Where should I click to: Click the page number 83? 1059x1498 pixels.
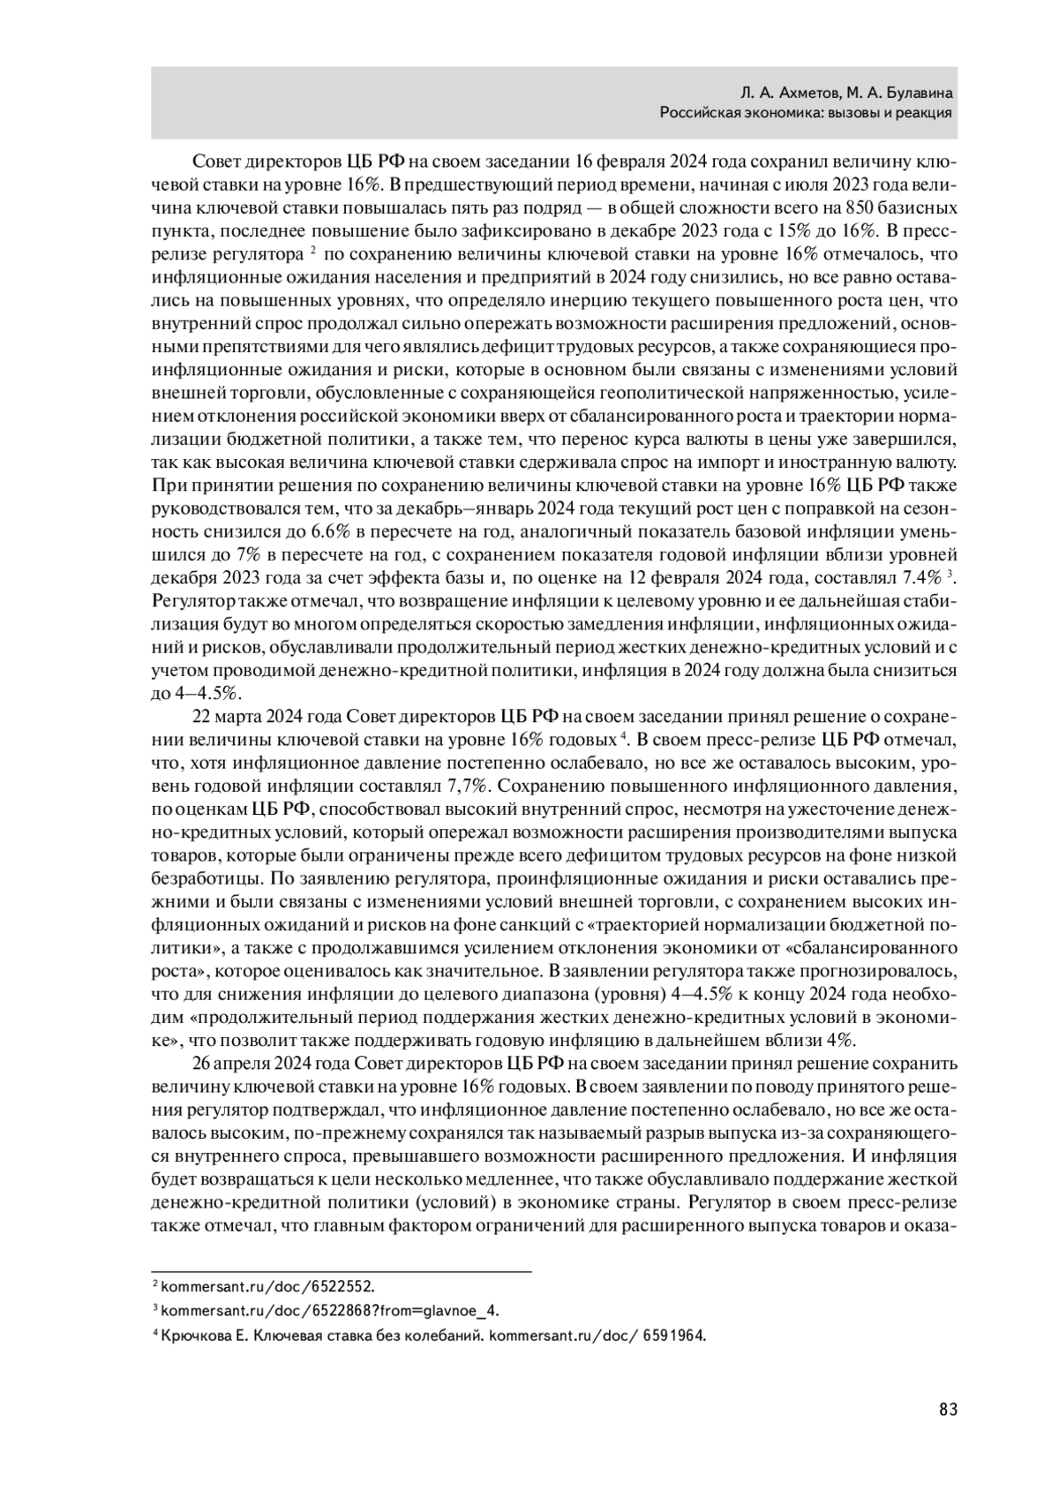(948, 1410)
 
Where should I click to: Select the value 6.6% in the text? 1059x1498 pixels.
(331, 531)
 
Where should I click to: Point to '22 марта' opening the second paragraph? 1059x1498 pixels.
(222, 715)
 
